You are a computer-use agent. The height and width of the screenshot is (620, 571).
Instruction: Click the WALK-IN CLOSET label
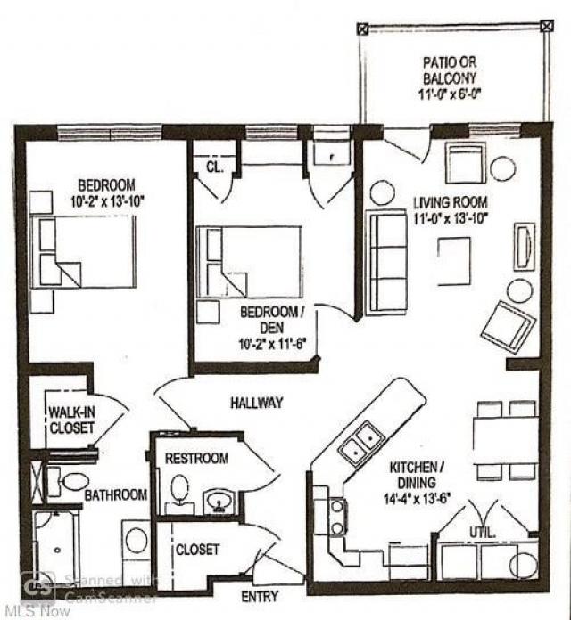click(x=71, y=420)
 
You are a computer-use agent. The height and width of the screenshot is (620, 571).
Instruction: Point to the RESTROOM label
click(x=196, y=458)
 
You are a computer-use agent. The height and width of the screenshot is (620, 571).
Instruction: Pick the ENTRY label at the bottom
click(x=260, y=596)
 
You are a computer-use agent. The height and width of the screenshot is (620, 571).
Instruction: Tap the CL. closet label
click(x=214, y=167)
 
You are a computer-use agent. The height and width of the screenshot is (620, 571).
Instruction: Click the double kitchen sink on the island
click(x=360, y=444)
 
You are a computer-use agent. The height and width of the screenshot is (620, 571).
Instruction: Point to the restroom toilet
click(x=180, y=490)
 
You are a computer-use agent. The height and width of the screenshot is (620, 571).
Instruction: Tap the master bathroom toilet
click(x=71, y=483)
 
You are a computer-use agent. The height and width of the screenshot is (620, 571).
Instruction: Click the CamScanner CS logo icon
click(x=39, y=588)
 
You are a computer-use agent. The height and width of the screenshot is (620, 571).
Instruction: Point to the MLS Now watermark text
click(x=28, y=611)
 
